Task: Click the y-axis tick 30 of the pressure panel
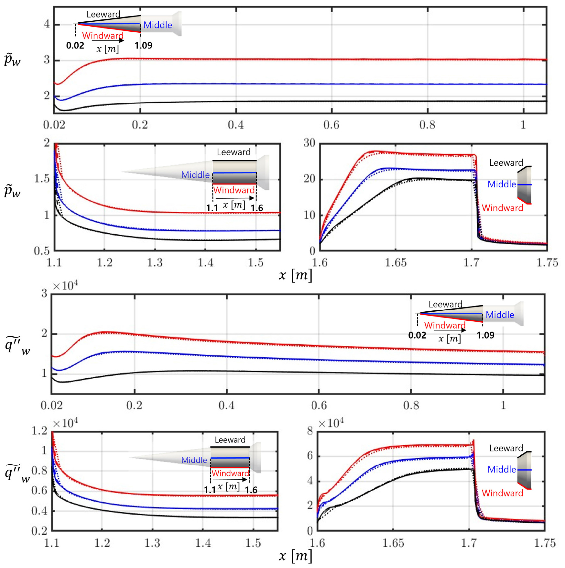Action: click(309, 143)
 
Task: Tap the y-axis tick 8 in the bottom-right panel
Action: click(310, 431)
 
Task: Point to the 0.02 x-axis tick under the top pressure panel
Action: click(54, 125)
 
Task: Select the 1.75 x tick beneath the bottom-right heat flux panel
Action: click(545, 543)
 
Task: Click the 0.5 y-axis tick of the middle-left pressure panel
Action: click(42, 251)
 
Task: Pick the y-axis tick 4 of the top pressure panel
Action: click(47, 24)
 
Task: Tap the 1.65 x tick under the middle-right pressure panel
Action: click(396, 262)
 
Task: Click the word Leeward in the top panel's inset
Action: click(103, 14)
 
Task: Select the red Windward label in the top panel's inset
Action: click(103, 35)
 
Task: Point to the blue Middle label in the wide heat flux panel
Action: click(500, 315)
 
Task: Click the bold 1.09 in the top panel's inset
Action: click(144, 45)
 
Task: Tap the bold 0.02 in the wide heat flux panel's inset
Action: click(417, 335)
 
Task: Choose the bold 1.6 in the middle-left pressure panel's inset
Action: click(257, 208)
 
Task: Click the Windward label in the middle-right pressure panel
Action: click(503, 208)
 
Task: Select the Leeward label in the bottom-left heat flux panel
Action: click(230, 440)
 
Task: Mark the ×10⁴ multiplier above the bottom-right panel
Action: click(331, 423)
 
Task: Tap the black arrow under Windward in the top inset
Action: click(108, 40)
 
